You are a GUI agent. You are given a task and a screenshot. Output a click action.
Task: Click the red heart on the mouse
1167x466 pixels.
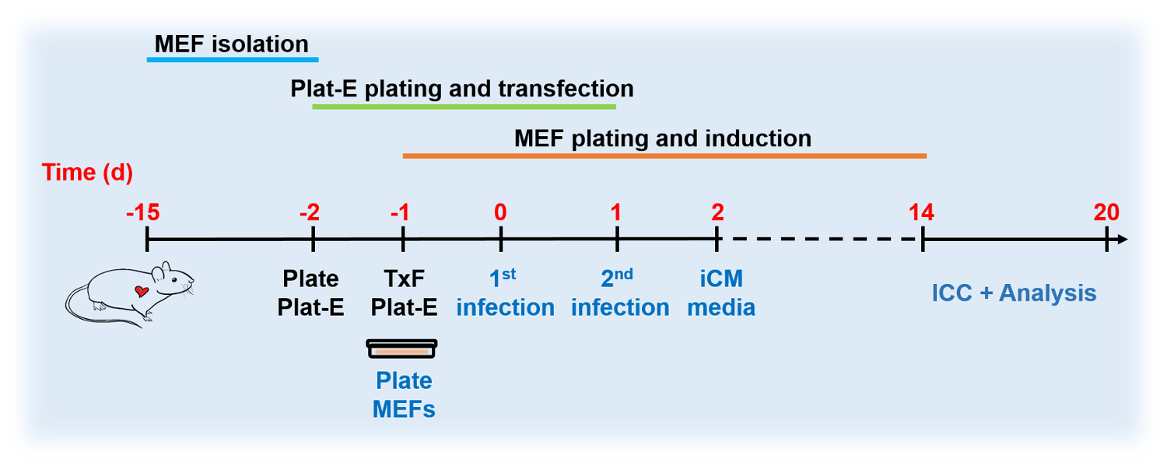click(x=141, y=292)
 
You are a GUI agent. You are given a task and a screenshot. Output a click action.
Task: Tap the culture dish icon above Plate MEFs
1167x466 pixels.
click(x=402, y=349)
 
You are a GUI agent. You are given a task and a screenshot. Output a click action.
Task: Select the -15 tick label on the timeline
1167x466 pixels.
click(x=145, y=212)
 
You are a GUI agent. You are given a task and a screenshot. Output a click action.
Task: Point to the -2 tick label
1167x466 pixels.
click(x=310, y=212)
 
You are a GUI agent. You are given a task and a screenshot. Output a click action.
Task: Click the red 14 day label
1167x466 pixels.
click(x=922, y=212)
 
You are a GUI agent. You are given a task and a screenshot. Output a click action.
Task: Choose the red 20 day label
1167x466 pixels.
click(x=1106, y=212)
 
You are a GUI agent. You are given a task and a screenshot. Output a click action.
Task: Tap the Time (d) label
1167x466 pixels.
click(x=87, y=172)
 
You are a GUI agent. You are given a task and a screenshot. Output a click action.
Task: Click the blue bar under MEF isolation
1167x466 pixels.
click(x=233, y=58)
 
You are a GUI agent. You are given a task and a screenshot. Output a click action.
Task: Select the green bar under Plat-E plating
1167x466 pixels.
click(x=464, y=107)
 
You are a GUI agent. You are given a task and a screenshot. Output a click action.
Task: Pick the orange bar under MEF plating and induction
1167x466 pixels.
click(x=664, y=156)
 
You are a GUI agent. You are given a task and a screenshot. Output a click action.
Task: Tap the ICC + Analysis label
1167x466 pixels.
click(x=1014, y=294)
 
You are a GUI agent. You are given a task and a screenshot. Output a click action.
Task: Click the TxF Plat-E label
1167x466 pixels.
click(x=403, y=293)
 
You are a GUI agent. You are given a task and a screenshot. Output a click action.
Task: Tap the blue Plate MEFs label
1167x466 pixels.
click(x=404, y=394)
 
